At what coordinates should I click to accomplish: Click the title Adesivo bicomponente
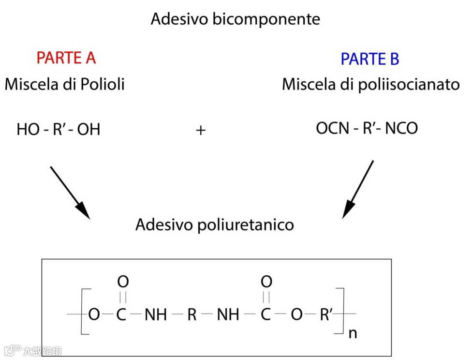tap(235, 19)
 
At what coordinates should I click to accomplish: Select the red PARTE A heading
tap(66, 58)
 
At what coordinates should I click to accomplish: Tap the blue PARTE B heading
tap(369, 59)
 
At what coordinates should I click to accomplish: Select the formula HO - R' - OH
tap(59, 130)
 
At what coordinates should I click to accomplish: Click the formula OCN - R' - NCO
tap(367, 129)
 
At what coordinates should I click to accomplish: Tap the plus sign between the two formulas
tap(201, 130)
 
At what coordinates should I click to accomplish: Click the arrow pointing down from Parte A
tap(70, 192)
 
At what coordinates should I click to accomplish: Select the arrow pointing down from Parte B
tap(358, 189)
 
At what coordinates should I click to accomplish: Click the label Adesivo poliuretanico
tap(214, 225)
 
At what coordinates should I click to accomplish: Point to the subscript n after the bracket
tap(353, 333)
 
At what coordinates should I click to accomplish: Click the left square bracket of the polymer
tap(84, 311)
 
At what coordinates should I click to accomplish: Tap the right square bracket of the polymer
tap(341, 311)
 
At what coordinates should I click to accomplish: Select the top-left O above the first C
tap(123, 282)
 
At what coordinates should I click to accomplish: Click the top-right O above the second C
tap(266, 282)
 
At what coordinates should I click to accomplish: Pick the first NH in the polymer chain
tap(156, 315)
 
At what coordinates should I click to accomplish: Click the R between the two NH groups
tap(192, 315)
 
